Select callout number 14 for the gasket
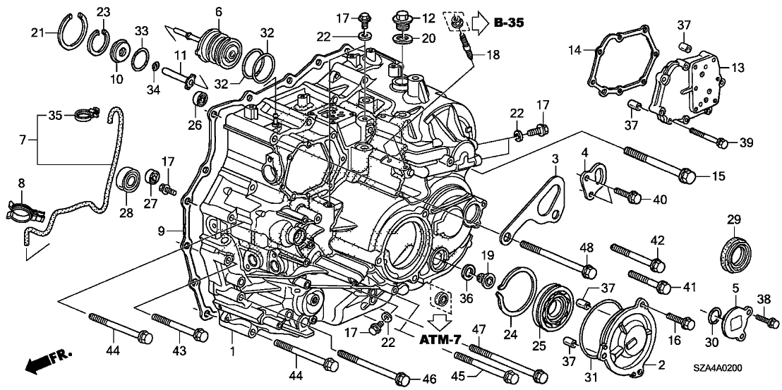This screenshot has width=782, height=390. [575, 50]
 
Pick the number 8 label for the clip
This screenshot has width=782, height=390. [20, 183]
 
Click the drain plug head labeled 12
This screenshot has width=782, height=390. [407, 16]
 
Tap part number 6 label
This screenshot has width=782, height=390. [219, 11]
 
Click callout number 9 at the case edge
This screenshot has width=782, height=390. [162, 230]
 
